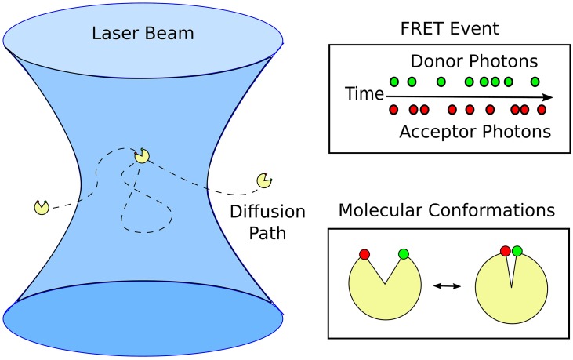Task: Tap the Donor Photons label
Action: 460,61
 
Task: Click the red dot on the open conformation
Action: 364,253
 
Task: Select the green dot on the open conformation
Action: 403,253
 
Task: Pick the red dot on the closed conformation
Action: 506,250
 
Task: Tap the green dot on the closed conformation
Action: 517,250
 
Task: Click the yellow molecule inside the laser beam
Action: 142,156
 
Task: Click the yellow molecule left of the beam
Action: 42,207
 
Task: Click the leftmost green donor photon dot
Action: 393,81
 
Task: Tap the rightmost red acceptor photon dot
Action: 541,110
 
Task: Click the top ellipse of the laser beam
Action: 143,35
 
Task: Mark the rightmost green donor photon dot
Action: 535,81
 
